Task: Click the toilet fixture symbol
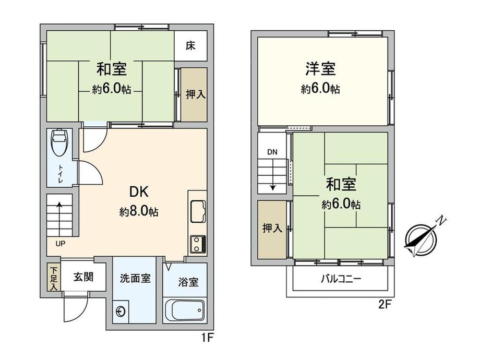(x=60, y=142)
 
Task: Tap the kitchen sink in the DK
(x=198, y=211)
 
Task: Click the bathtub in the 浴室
(x=185, y=310)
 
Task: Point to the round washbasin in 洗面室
(x=121, y=311)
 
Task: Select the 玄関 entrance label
(x=83, y=277)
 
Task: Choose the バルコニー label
(x=341, y=279)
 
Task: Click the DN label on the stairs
(x=272, y=152)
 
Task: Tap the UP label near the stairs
(x=61, y=244)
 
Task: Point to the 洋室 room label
(x=320, y=68)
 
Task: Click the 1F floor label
(x=207, y=338)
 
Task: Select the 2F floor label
(x=385, y=305)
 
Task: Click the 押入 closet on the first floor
(x=194, y=94)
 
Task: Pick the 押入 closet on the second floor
(x=272, y=229)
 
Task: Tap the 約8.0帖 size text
(x=139, y=211)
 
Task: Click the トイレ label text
(x=61, y=174)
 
